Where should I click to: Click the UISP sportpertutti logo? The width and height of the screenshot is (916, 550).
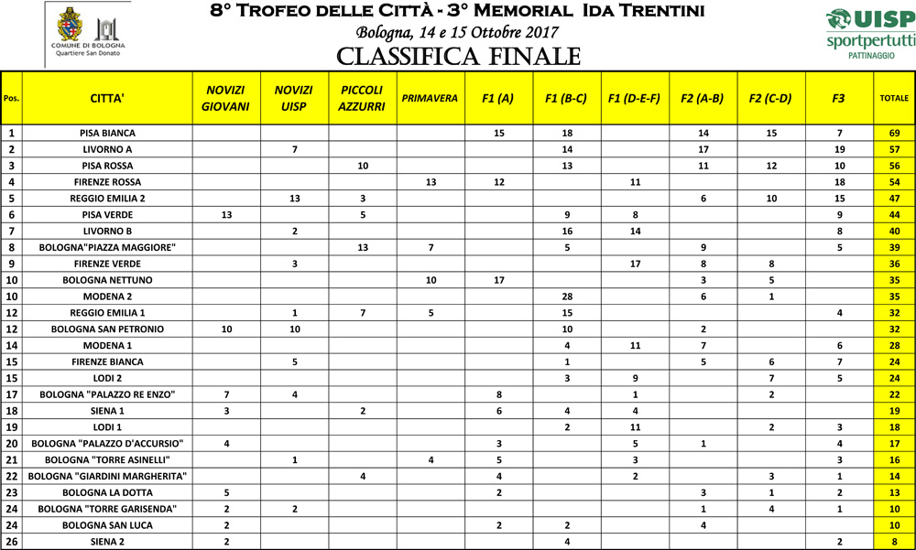869,34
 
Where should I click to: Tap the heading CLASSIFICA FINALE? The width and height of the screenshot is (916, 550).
458,58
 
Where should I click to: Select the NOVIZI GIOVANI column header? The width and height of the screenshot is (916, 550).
225,98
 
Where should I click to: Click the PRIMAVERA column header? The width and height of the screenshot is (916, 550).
430,98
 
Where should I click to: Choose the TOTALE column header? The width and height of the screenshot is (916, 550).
894,98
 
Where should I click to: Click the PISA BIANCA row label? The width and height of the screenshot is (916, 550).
107,133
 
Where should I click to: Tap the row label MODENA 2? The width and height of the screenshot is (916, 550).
107,297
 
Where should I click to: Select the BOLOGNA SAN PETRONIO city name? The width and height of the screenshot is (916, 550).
107,329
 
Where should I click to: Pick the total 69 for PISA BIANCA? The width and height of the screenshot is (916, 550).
894,133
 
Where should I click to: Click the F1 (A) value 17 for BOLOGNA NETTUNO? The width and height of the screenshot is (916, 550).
499,280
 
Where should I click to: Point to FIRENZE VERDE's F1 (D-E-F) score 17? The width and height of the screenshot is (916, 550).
635,264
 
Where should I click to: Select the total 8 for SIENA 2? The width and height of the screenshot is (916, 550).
894,542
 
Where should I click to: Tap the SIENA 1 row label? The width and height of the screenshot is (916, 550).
107,411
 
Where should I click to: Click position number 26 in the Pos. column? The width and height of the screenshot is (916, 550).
12,542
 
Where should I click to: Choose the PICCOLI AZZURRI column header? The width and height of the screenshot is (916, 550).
362,98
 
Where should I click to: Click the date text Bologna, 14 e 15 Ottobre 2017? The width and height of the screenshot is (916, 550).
458,33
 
